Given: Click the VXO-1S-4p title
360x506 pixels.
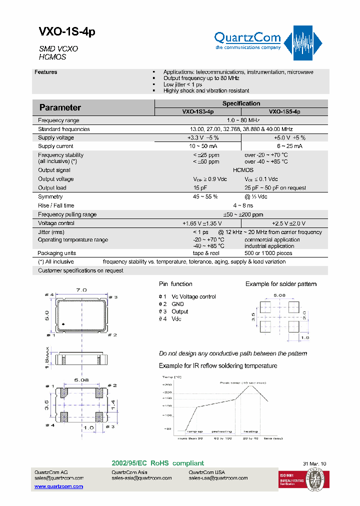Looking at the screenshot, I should click(x=66, y=32).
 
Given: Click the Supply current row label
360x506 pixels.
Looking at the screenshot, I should click(x=56, y=146).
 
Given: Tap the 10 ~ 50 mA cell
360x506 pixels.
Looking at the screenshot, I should click(x=203, y=146).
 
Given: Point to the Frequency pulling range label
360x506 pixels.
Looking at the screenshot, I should click(x=67, y=214).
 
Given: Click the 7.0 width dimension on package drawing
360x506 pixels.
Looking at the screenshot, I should click(x=81, y=290).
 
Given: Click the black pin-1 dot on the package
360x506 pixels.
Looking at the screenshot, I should click(x=64, y=325).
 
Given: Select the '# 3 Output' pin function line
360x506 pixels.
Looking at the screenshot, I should click(x=173, y=311).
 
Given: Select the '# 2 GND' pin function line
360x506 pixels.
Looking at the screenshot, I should click(x=171, y=304).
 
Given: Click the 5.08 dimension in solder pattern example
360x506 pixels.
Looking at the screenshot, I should click(x=279, y=295).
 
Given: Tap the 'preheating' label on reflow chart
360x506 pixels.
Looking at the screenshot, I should click(x=221, y=431).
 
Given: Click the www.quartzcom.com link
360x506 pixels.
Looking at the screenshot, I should click(x=59, y=486).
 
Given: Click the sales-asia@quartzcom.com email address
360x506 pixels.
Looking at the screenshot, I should click(x=141, y=478).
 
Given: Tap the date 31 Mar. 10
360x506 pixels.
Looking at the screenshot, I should click(x=314, y=464).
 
